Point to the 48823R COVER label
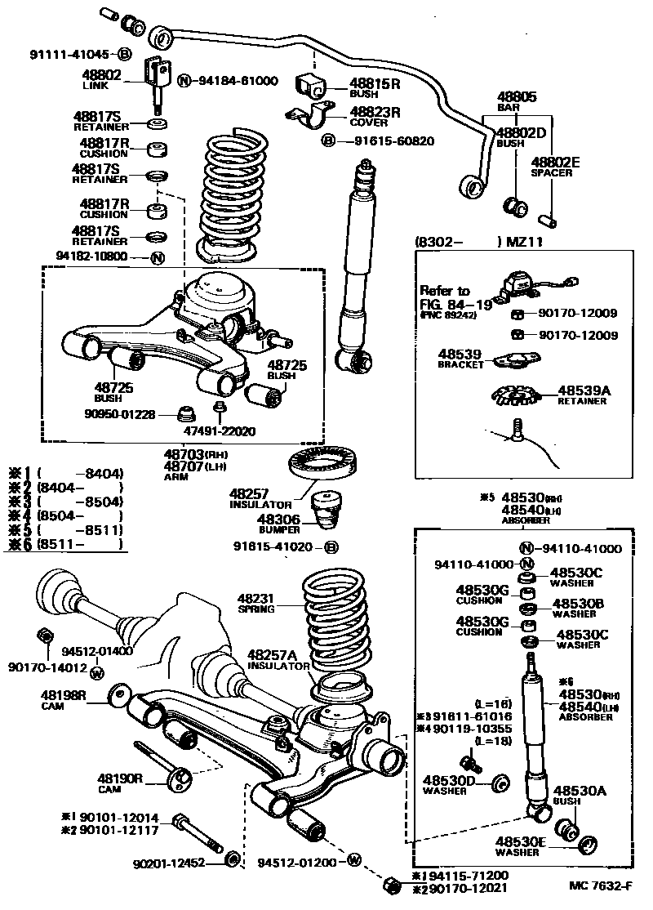[375, 117]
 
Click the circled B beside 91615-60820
[328, 141]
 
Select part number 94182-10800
[91, 256]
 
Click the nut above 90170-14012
[46, 637]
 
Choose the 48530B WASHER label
[576, 608]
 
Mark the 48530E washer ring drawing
[590, 841]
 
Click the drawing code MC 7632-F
[601, 886]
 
